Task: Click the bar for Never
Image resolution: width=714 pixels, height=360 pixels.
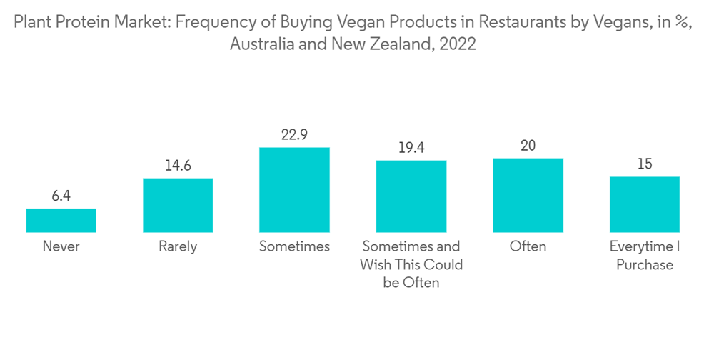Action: tap(61, 220)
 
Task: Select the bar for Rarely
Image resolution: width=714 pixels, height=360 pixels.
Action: tap(178, 205)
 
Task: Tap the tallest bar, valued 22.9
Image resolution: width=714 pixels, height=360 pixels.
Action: tap(294, 189)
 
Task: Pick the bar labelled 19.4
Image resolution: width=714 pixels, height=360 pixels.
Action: tap(411, 196)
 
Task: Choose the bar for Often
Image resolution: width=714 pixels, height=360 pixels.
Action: tap(528, 195)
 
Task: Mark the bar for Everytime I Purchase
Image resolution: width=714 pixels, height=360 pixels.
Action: tap(645, 204)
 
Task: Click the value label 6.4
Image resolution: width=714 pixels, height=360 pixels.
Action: tap(61, 196)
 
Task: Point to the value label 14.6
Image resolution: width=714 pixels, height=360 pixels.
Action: tap(178, 165)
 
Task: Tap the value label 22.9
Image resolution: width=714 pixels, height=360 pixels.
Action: tap(294, 134)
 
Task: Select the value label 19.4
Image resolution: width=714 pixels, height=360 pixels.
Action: tap(411, 147)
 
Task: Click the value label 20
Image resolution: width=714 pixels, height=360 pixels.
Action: tap(528, 145)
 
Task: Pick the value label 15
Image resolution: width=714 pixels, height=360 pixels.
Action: tap(645, 164)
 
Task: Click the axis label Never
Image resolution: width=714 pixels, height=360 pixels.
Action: tap(61, 246)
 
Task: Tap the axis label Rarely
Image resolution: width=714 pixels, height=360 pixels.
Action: tap(178, 246)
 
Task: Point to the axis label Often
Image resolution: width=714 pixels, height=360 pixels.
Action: tap(528, 246)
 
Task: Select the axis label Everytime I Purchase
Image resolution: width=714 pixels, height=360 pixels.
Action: tap(645, 256)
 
